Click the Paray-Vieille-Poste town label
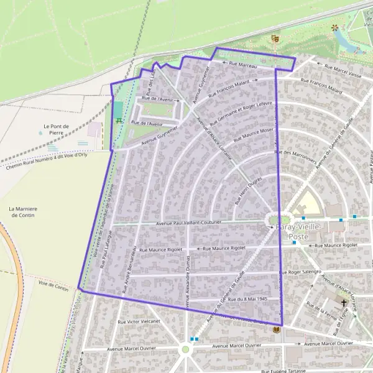(298, 228)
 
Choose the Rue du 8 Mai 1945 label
(247, 299)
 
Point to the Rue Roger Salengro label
(301, 272)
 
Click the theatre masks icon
(274, 39)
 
